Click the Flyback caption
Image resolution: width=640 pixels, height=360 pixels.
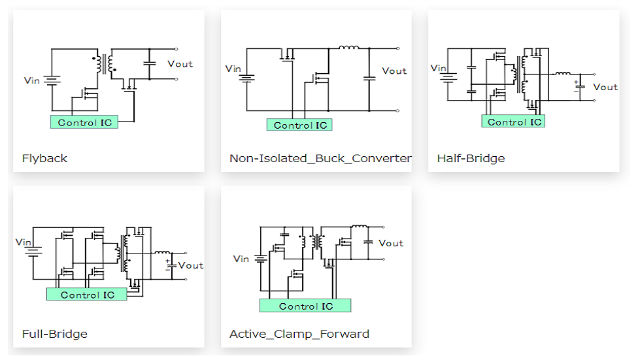(x=44, y=159)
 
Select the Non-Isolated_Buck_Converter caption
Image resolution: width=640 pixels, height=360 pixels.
(x=320, y=159)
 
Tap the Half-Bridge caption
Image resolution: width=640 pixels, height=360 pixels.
(x=471, y=159)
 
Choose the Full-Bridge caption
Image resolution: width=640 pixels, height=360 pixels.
(x=55, y=335)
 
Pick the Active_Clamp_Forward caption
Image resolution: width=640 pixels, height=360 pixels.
(x=299, y=335)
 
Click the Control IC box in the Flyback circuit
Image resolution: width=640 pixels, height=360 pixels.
(x=84, y=122)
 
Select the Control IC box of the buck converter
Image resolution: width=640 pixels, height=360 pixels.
(x=299, y=125)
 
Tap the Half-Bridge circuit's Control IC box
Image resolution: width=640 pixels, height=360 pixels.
(x=513, y=122)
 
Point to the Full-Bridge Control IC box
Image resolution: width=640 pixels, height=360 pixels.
(x=86, y=295)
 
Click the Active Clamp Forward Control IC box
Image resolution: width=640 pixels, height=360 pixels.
(x=305, y=306)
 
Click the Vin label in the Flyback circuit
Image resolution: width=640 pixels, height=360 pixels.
(x=32, y=81)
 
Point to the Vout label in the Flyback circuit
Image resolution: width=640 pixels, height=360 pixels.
(x=180, y=64)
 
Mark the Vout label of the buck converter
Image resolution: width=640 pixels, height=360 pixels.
(x=394, y=71)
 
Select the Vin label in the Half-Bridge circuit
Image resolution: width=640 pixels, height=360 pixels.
(x=439, y=68)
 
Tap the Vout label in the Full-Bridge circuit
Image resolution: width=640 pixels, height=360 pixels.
(x=191, y=265)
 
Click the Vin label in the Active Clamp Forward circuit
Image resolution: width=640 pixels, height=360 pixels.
(x=241, y=259)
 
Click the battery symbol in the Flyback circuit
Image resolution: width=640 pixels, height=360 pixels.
(x=52, y=81)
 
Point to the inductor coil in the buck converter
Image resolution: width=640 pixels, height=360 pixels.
(x=349, y=47)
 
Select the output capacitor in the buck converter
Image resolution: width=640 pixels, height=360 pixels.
(x=369, y=78)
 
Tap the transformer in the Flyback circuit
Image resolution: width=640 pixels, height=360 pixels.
(x=105, y=64)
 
